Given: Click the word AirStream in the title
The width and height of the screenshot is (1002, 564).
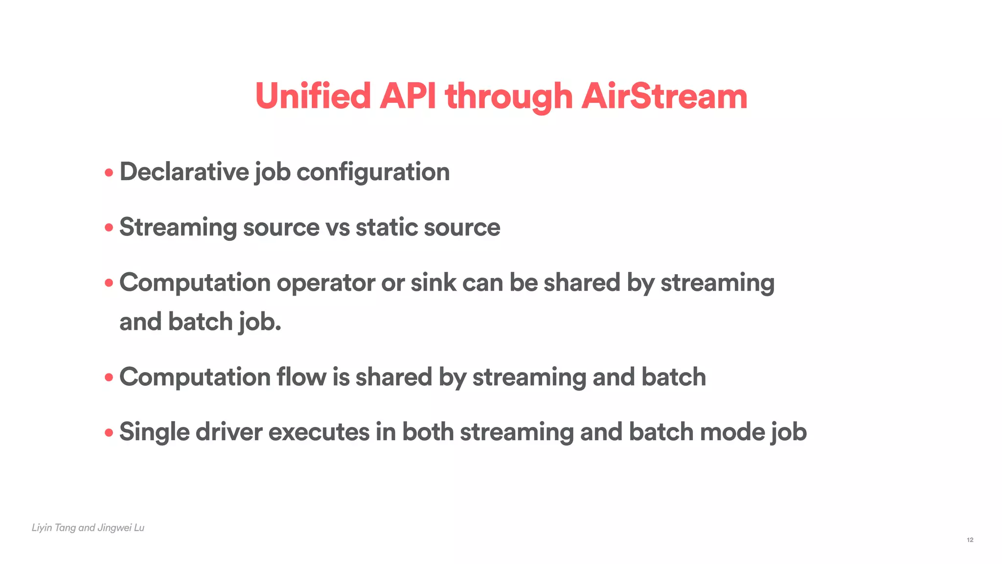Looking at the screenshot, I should coord(664,96).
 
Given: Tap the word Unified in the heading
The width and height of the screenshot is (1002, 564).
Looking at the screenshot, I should coord(313,96).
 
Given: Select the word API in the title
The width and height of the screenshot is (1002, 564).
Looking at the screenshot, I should coord(408,96).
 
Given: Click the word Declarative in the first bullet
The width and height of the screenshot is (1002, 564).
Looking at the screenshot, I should coord(184,172).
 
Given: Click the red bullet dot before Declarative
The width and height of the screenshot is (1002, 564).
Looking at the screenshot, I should coord(109,173).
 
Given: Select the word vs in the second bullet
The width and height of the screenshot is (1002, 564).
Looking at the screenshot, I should coord(338,228).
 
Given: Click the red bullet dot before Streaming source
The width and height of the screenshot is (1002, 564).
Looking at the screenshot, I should coord(109,228).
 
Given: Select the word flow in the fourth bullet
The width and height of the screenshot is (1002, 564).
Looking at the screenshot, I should coord(301,377).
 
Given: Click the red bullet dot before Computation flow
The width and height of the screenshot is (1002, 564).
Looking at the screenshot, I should coord(109,377).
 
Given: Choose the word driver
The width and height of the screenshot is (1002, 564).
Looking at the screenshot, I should coord(229,432).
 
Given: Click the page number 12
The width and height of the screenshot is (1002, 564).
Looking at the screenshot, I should coord(970,540).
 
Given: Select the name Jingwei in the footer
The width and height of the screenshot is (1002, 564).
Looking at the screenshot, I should coord(114,528).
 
